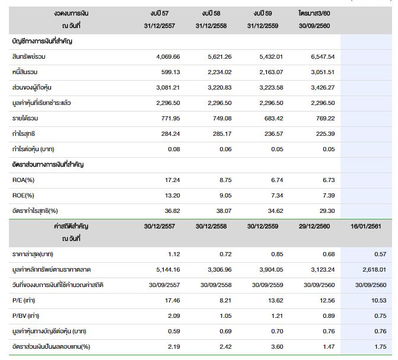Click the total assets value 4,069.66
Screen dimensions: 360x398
[167, 56]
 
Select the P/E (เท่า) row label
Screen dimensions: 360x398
[24, 300]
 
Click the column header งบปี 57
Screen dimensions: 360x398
[160, 12]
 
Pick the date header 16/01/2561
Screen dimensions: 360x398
[366, 226]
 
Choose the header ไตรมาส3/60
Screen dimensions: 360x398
[314, 12]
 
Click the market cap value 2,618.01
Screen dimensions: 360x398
[369, 269]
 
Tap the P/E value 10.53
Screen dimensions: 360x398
[373, 300]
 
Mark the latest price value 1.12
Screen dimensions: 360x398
[174, 254]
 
